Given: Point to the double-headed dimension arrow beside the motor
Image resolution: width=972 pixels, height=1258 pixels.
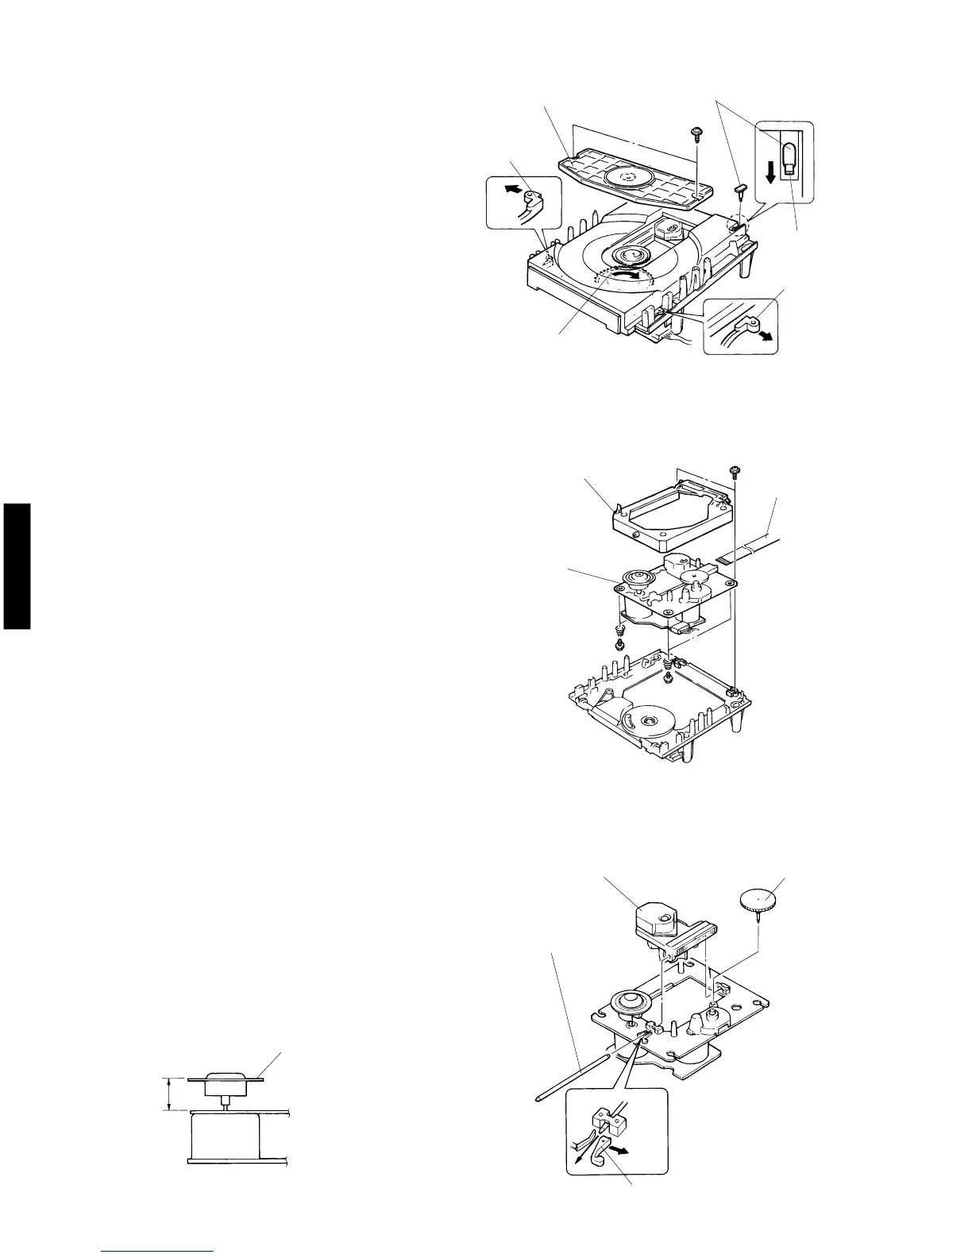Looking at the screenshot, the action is coord(169,1094).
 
